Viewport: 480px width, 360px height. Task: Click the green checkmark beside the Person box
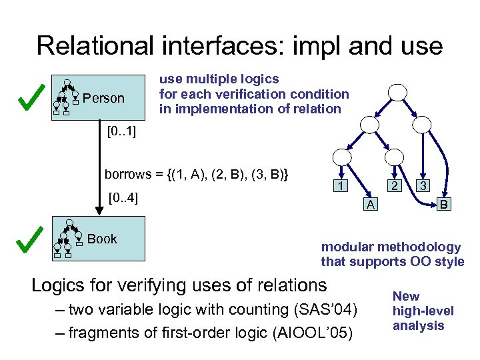(27, 98)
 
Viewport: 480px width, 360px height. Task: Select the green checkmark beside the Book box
(27, 240)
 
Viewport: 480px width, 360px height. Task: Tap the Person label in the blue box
(103, 99)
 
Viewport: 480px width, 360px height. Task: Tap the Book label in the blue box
(102, 239)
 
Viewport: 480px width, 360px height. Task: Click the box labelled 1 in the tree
(339, 186)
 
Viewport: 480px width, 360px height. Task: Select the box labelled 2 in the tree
(395, 186)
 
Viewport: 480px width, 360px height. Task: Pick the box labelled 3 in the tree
(421, 186)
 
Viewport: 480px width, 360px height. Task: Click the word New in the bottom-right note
(406, 296)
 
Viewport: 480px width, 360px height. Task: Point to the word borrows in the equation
(127, 174)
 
